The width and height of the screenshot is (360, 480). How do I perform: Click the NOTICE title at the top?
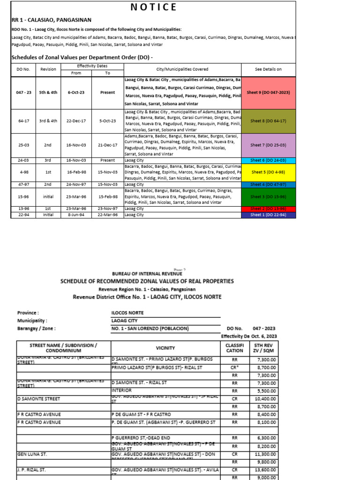(x=153, y=7)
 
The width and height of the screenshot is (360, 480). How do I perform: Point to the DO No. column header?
(x=23, y=69)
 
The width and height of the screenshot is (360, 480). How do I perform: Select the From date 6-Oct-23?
(x=76, y=93)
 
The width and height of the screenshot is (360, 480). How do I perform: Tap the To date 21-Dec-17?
(x=107, y=145)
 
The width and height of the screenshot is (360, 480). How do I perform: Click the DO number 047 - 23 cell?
(x=23, y=93)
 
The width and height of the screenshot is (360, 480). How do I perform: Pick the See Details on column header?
(x=268, y=69)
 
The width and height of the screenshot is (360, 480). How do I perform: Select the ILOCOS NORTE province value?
(x=127, y=313)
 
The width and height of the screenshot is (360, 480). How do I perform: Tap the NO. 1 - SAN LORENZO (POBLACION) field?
(x=150, y=329)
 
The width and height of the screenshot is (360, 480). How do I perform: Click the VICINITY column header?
(x=165, y=348)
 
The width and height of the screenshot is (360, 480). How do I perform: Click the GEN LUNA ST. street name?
(x=31, y=454)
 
